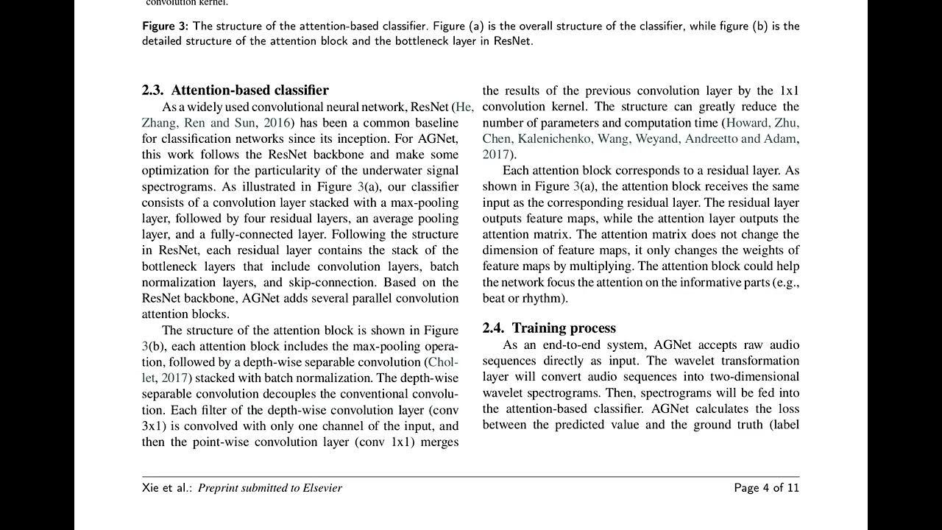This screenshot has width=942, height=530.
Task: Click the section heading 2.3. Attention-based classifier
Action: [235, 91]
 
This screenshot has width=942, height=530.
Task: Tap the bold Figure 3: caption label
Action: [165, 26]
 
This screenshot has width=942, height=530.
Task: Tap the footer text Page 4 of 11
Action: [766, 488]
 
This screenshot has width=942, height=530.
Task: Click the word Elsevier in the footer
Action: [316, 488]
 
